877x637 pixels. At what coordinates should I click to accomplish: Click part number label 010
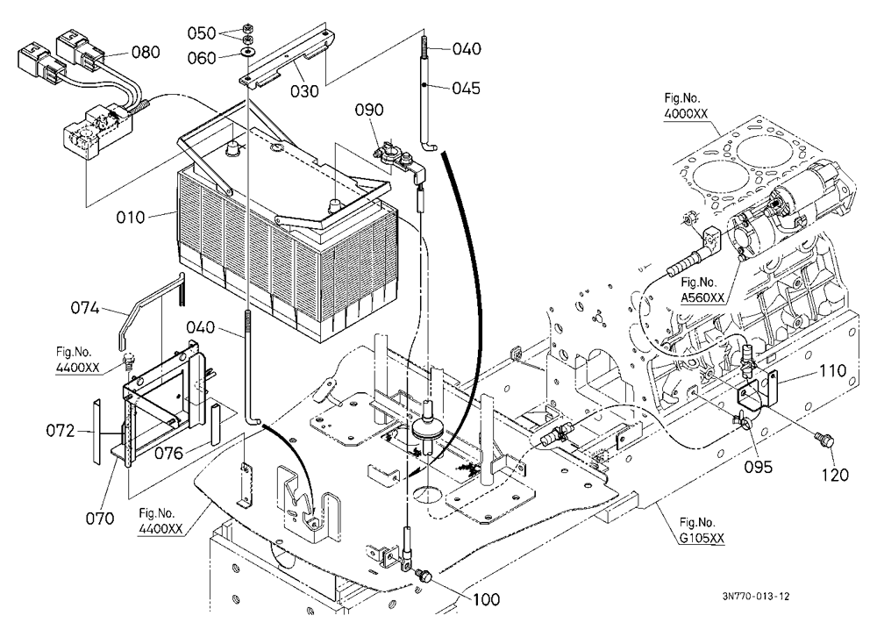(131, 218)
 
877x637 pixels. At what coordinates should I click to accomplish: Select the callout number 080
(146, 52)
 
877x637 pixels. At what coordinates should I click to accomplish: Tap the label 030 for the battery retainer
(305, 90)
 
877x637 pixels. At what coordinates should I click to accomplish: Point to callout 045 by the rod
(467, 89)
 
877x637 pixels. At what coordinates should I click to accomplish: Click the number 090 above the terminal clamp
(370, 110)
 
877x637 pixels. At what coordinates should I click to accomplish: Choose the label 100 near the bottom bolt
(486, 599)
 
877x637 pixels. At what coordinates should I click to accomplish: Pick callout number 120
(835, 476)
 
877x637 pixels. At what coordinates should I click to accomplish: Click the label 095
(759, 466)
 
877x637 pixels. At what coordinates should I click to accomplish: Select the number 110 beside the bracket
(833, 371)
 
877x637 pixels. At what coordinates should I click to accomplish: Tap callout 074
(85, 308)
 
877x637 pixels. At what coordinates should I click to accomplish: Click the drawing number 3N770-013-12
(756, 597)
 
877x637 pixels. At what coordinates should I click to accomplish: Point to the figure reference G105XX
(702, 539)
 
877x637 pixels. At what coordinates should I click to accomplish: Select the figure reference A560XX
(702, 297)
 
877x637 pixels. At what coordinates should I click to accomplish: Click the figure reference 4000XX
(687, 114)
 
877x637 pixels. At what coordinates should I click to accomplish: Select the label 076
(169, 453)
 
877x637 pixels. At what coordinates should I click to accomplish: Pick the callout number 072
(61, 431)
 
